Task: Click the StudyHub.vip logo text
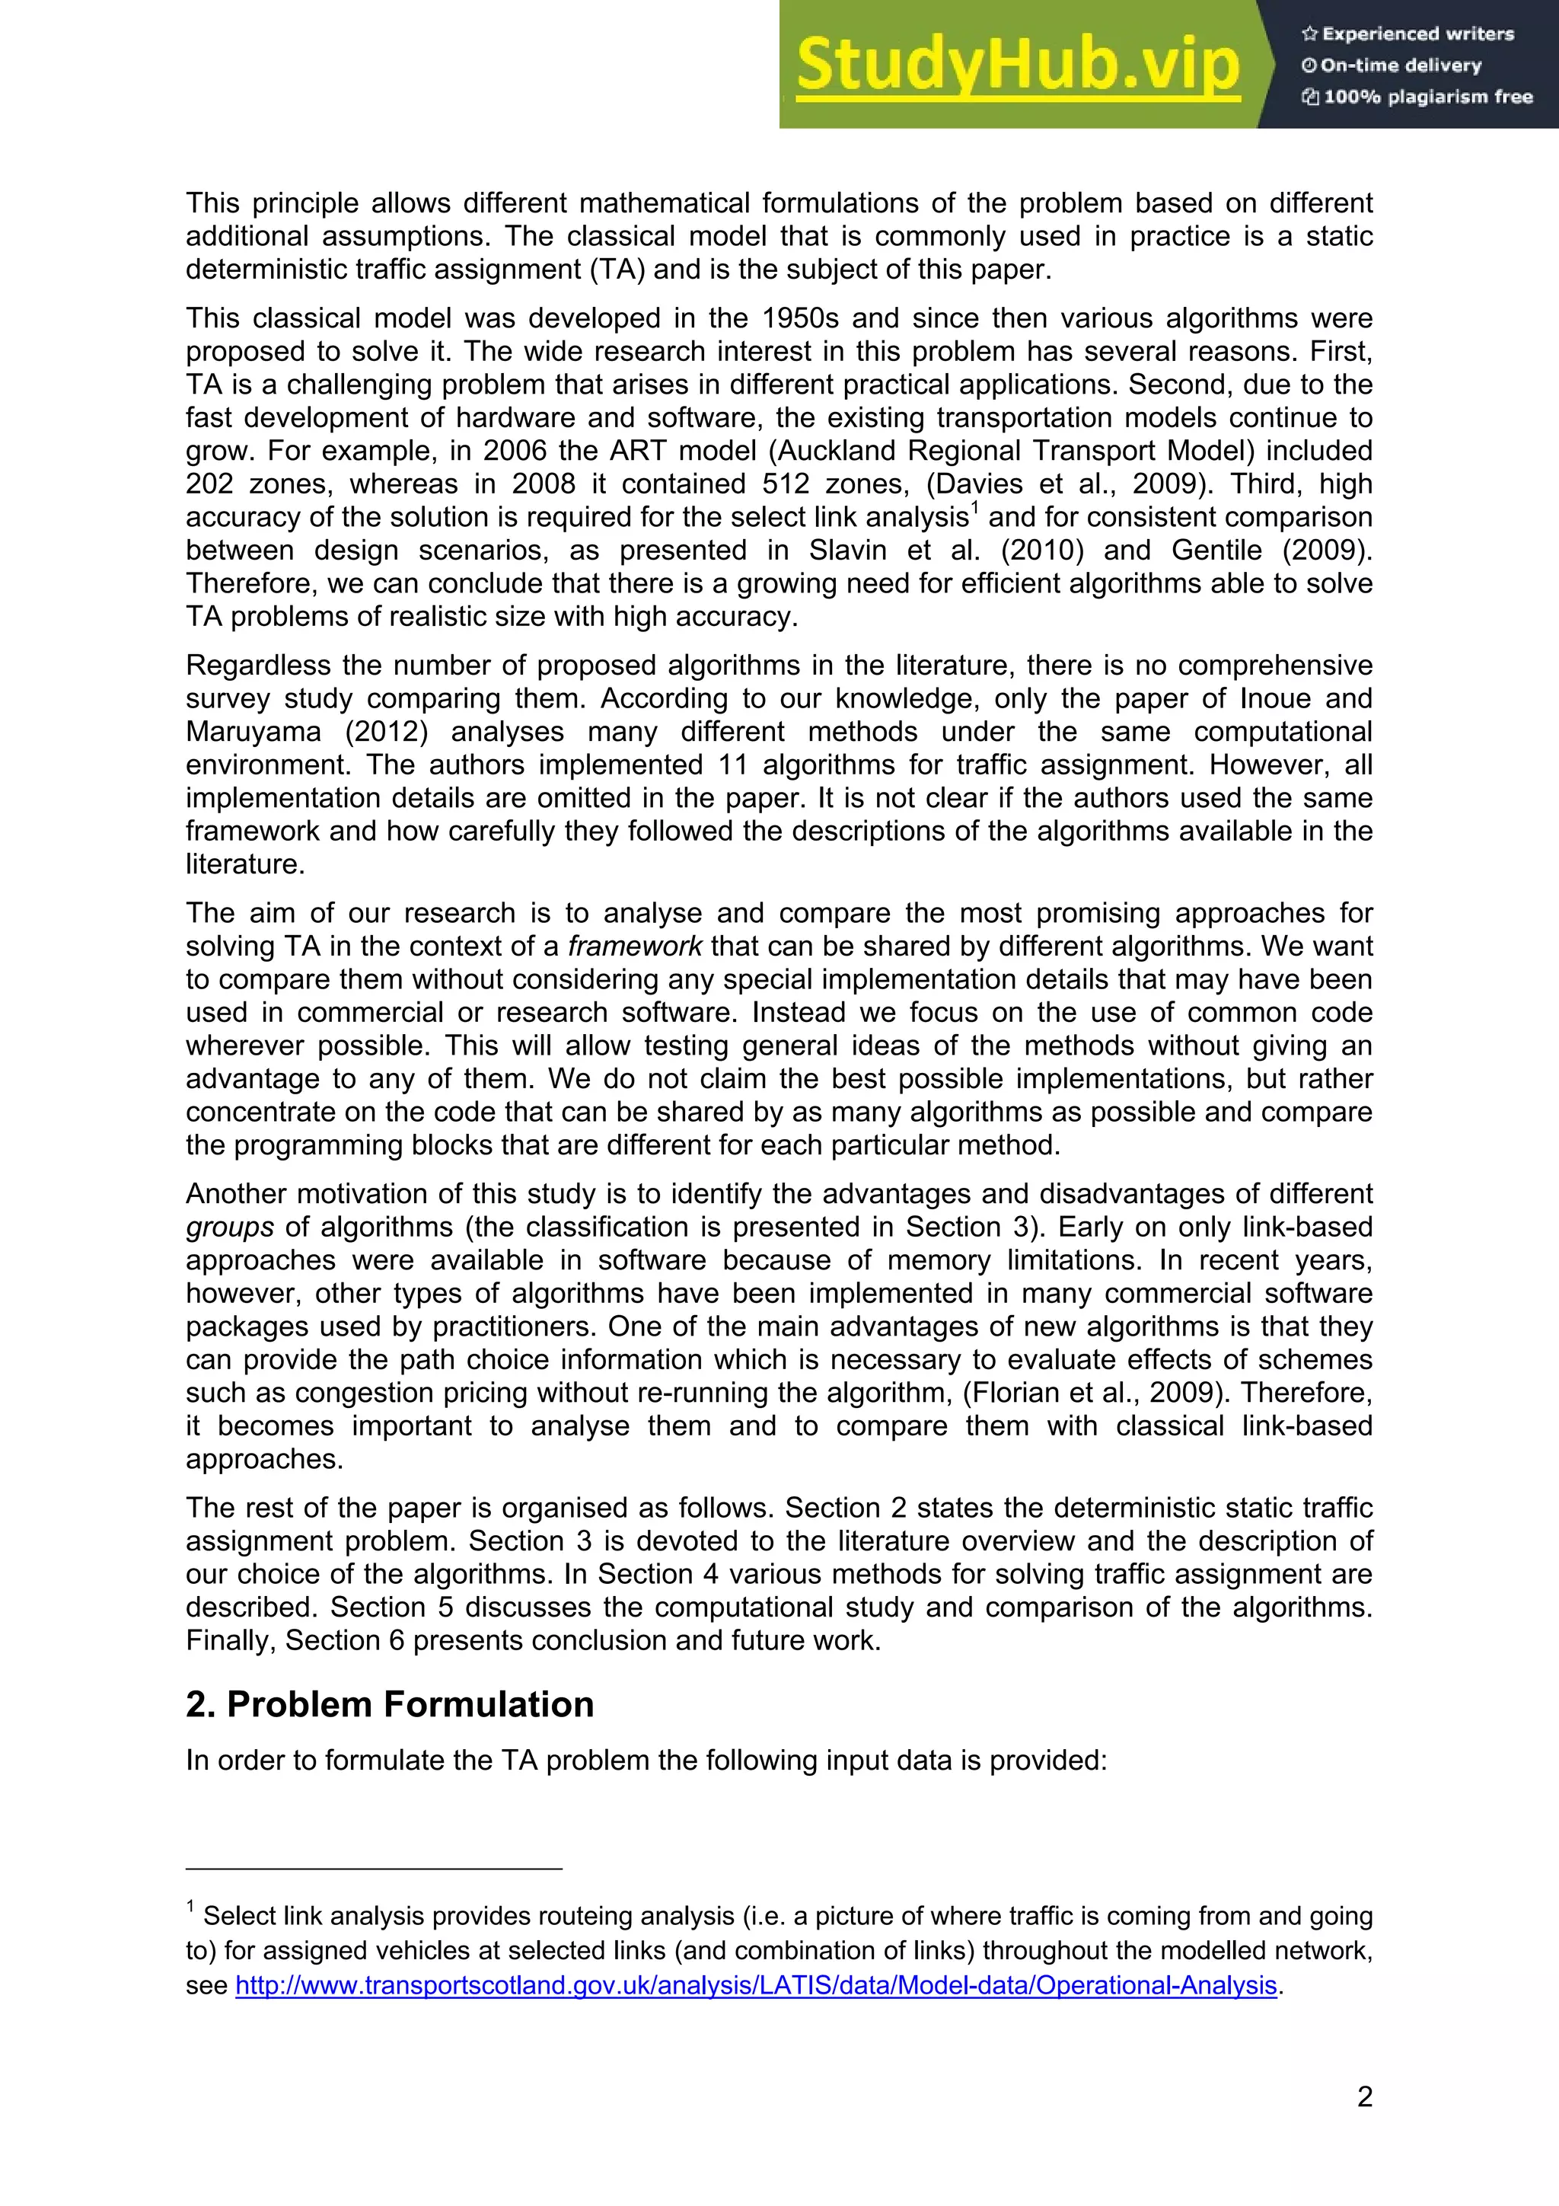tap(1019, 65)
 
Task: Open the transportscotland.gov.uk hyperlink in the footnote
tap(755, 1985)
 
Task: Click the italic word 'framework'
tap(635, 947)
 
